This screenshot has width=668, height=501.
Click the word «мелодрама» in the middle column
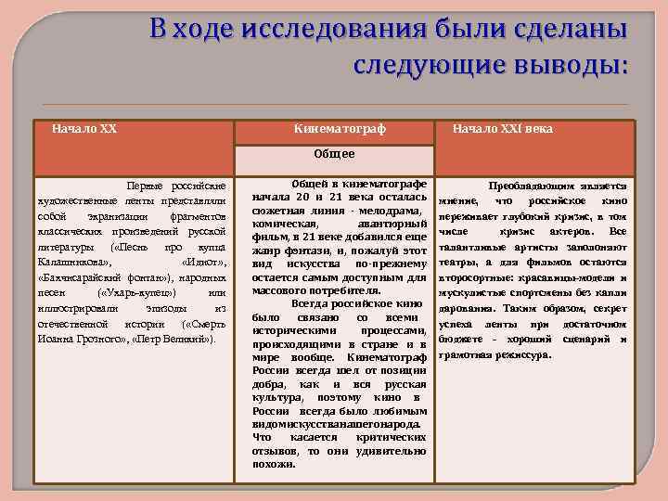(x=391, y=212)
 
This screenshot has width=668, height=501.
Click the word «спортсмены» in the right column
(x=551, y=292)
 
